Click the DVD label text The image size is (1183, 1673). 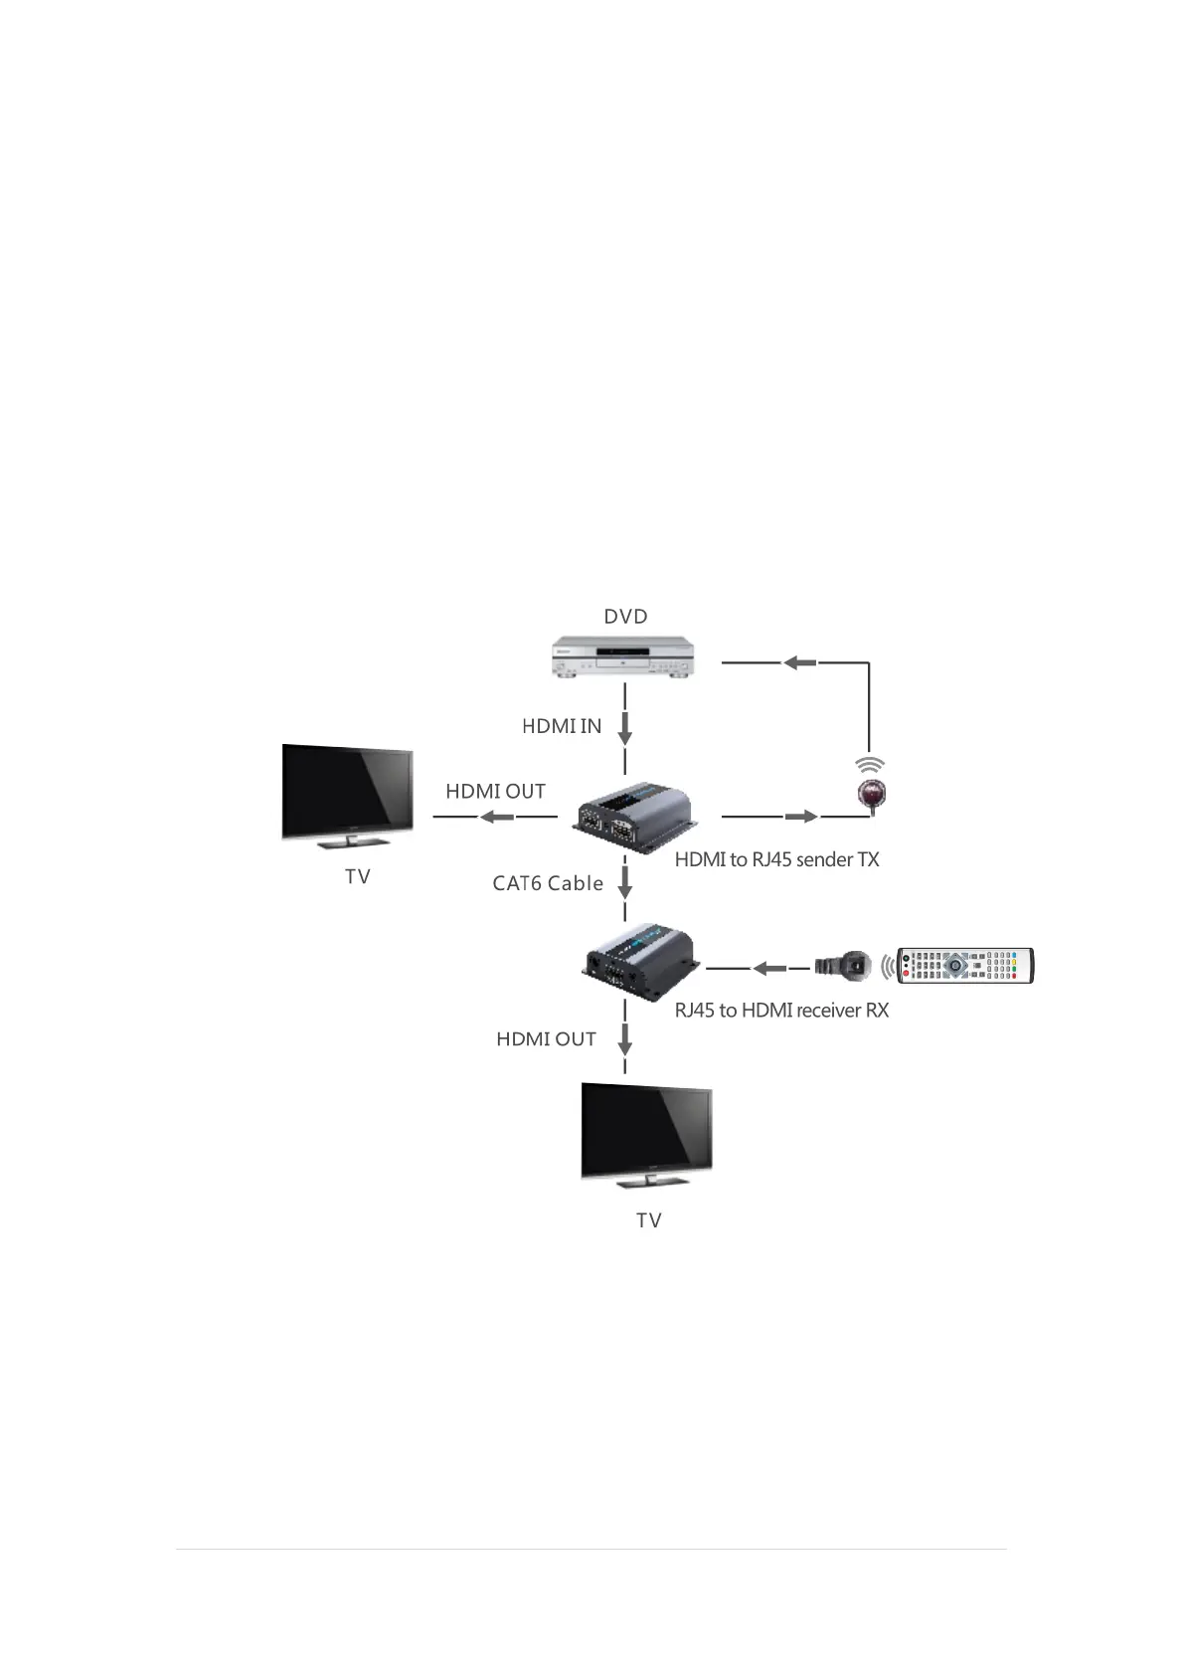625,617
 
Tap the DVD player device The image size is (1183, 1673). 623,659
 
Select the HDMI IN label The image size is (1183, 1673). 562,727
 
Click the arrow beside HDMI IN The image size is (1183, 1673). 625,728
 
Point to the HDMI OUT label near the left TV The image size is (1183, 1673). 495,792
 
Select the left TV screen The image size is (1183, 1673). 347,793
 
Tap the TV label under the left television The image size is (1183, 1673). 358,877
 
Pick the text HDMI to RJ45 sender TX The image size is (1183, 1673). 776,860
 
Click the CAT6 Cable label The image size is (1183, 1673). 548,883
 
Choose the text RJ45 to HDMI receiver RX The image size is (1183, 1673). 781,1011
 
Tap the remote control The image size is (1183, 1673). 965,966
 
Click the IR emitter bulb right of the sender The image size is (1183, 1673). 871,793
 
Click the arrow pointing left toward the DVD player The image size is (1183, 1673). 799,661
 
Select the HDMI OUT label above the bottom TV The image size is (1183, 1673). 546,1039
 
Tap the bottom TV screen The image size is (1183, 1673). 646,1129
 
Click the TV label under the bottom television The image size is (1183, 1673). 649,1220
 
